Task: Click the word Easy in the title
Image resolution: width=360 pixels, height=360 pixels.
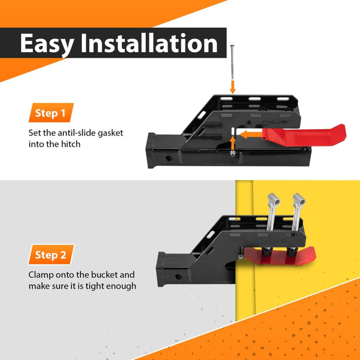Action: [x=47, y=44]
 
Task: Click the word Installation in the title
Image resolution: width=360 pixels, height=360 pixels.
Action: [x=149, y=43]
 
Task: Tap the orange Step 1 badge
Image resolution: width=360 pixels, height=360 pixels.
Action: [x=51, y=113]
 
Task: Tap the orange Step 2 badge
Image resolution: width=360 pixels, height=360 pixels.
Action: [x=51, y=254]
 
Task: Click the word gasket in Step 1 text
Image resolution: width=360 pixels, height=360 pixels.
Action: [x=110, y=133]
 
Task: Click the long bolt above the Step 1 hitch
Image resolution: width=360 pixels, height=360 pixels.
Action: [x=232, y=62]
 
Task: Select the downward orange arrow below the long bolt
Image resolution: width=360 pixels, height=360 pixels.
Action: [x=233, y=87]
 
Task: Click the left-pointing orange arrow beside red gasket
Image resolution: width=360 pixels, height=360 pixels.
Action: [x=251, y=135]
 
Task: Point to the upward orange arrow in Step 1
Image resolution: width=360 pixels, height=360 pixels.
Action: [x=233, y=143]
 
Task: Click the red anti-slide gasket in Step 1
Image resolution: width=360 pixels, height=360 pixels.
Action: [x=304, y=136]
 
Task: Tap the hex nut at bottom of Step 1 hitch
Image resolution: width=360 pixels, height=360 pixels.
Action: [x=233, y=153]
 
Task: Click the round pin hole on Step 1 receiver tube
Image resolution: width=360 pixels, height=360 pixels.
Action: [x=169, y=158]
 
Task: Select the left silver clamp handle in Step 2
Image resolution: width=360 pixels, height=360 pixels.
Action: [x=272, y=212]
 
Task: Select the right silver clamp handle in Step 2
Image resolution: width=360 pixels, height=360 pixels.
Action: [x=298, y=212]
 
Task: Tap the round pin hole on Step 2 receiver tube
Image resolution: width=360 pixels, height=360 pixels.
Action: [x=178, y=277]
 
